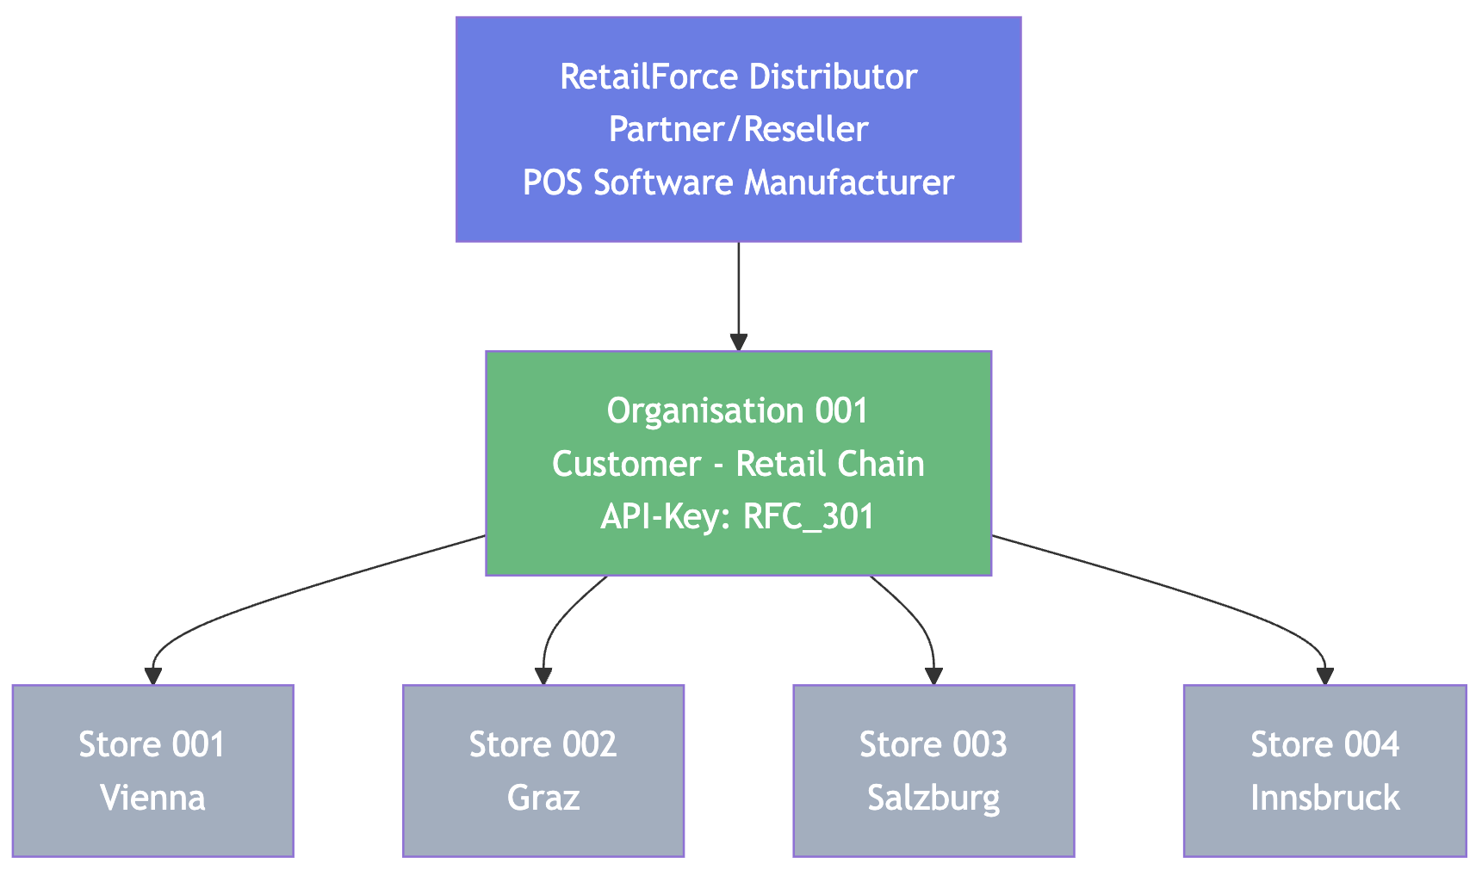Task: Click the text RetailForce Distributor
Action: click(x=738, y=77)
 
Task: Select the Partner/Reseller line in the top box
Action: click(x=738, y=129)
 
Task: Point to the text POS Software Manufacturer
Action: click(x=738, y=182)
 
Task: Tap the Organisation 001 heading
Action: click(x=738, y=410)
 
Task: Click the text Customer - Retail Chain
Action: click(x=738, y=464)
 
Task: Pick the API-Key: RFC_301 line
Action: click(x=738, y=516)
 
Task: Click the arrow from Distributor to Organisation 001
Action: click(x=738, y=297)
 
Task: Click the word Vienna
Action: click(x=152, y=798)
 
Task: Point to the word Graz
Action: click(x=543, y=798)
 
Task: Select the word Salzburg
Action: click(x=933, y=799)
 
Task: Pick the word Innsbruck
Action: click(x=1324, y=798)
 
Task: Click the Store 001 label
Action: click(x=152, y=744)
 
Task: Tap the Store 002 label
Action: click(x=543, y=744)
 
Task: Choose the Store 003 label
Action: click(x=933, y=744)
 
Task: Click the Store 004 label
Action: click(x=1324, y=744)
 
